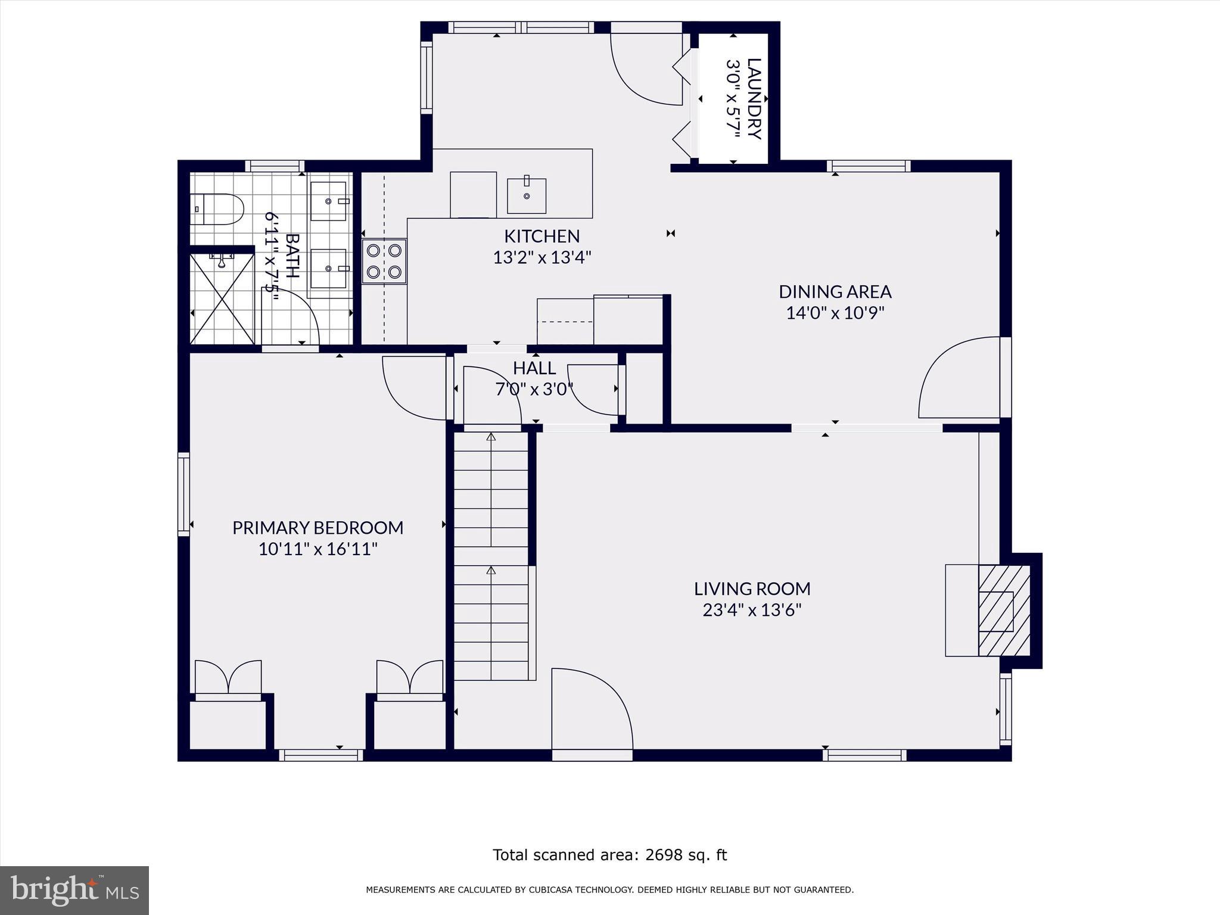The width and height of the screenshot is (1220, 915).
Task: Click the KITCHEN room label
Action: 541,236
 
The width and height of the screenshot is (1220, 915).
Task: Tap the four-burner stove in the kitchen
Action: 384,262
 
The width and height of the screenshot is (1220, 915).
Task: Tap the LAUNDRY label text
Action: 754,98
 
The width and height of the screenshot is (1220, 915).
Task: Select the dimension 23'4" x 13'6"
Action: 752,610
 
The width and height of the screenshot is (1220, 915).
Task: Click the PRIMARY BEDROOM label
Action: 318,528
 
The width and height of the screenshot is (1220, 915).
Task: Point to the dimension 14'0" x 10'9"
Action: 835,313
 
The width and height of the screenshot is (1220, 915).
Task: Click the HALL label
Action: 534,368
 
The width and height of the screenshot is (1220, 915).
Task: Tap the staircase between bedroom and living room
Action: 491,554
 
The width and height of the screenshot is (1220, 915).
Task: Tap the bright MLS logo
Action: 74,890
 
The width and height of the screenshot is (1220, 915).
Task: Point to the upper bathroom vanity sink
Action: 328,201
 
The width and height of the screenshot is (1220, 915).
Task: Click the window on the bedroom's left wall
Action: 184,494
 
